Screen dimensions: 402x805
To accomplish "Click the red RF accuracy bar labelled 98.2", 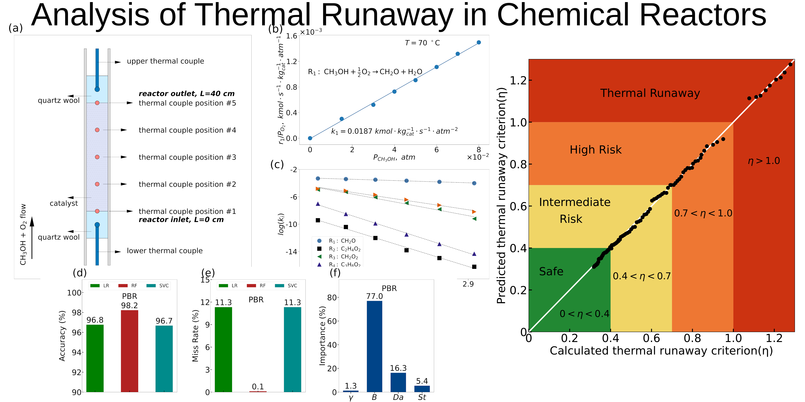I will (129, 350).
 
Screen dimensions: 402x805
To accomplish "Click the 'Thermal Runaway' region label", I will (650, 93).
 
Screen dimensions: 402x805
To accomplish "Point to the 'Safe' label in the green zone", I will (551, 271).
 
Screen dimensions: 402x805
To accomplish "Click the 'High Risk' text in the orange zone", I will (596, 150).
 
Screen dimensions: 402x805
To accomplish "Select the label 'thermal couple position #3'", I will (187, 157).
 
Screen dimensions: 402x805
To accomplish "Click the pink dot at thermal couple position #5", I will (97, 103).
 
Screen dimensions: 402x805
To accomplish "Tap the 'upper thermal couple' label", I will (165, 61).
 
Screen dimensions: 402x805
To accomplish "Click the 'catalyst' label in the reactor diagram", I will (64, 203).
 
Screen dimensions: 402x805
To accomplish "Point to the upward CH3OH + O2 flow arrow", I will (32, 238).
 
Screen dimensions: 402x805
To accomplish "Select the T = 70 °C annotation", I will (422, 43).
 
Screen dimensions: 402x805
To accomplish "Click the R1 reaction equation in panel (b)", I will (365, 72).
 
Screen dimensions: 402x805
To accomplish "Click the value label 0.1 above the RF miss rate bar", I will (258, 387).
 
